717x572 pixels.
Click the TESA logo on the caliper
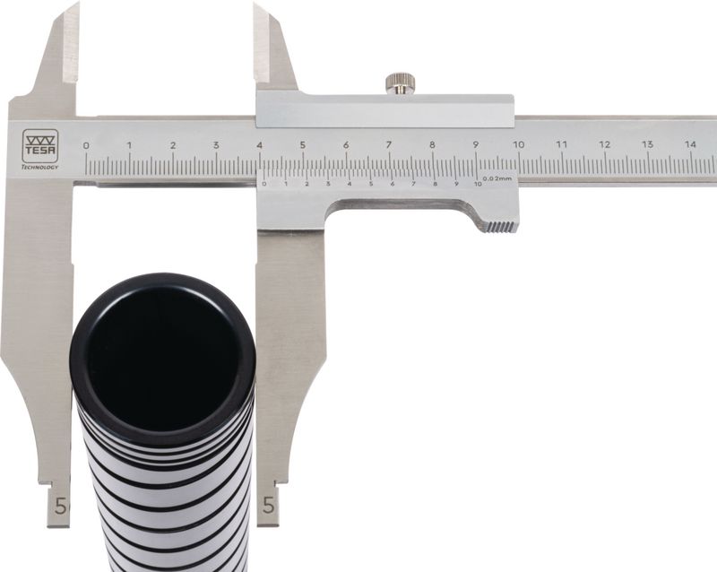(40, 146)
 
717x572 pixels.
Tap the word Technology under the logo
(40, 167)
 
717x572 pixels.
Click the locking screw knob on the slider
(400, 83)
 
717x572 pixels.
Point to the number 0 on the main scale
(86, 146)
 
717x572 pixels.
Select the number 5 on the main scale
(303, 145)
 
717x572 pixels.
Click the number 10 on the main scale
(518, 144)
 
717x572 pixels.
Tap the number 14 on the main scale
(690, 144)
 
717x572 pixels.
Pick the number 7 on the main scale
(389, 145)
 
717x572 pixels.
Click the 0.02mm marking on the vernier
(497, 178)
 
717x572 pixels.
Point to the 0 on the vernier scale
(263, 184)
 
